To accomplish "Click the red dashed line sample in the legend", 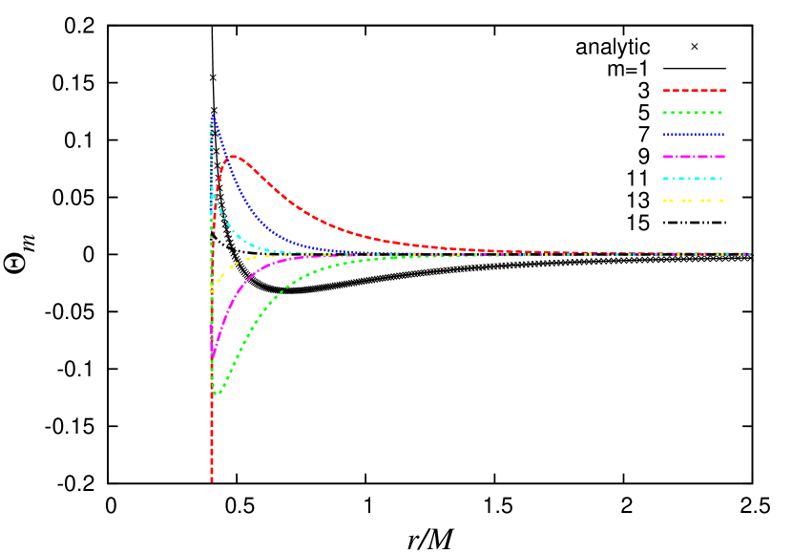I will [694, 90].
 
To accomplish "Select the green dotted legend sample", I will [694, 113].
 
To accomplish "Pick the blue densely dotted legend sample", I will [694, 135].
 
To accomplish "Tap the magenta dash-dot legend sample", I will [694, 157].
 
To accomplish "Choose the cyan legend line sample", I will [694, 179].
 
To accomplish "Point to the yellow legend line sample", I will [694, 201].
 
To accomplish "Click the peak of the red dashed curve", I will [234, 156].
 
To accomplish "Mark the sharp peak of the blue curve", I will [212, 116].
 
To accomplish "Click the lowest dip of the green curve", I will [218, 393].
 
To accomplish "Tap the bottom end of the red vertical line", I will [212, 480].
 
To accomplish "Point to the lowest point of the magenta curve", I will [212, 355].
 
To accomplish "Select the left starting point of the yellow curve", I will [211, 286].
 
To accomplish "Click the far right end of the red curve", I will [749, 254].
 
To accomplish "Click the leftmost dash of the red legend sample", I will [666, 90].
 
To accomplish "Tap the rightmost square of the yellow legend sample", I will [720, 201].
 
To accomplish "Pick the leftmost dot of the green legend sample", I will [665, 113].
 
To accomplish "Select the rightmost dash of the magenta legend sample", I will [720, 157].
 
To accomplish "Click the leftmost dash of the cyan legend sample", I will [666, 179].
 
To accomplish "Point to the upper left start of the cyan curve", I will [212, 189].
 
